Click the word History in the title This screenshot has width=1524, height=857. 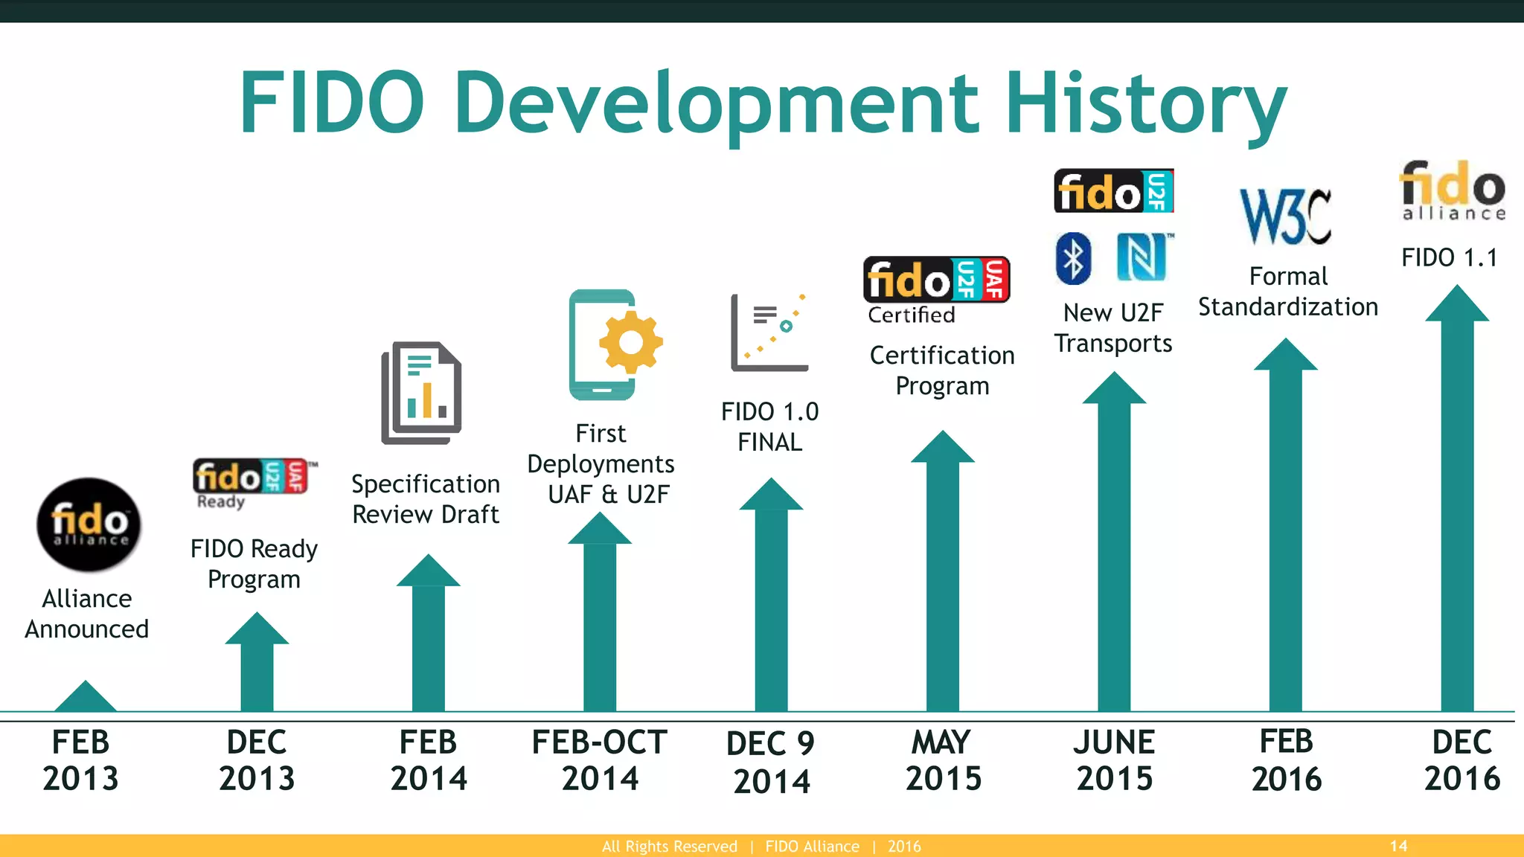(x=1146, y=104)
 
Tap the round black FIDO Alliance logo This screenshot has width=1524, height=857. (x=89, y=524)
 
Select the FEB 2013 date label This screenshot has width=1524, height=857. (x=80, y=760)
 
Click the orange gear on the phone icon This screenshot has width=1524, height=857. (x=631, y=342)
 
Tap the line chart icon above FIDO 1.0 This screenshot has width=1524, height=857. (x=769, y=333)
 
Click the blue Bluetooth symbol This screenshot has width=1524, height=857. (x=1073, y=258)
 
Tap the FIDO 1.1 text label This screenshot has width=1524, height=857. (x=1450, y=257)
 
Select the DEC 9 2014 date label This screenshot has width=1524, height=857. (x=771, y=762)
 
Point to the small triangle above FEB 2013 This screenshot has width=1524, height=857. (x=86, y=697)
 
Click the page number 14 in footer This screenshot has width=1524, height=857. (x=1398, y=846)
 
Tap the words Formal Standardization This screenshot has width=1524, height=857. (x=1288, y=292)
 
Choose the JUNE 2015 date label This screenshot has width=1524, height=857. (x=1114, y=760)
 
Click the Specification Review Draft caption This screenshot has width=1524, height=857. (x=426, y=498)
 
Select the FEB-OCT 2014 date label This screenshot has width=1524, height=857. (x=600, y=760)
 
